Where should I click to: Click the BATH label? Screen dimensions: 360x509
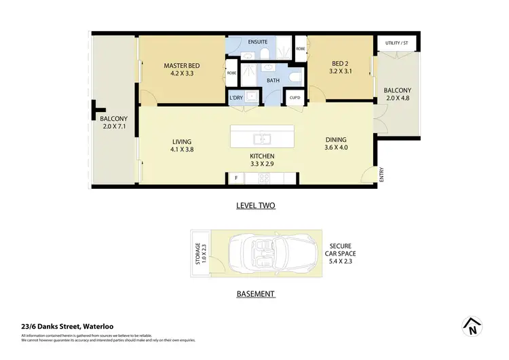click(254, 80)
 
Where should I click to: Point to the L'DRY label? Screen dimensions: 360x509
click(236, 98)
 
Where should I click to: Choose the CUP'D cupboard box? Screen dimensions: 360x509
click(295, 97)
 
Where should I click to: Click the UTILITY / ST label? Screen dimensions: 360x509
click(397, 43)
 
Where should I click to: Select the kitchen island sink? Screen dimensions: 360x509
click(263, 139)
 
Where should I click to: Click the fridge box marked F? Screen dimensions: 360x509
click(235, 179)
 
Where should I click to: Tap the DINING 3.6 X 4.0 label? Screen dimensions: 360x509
click(336, 143)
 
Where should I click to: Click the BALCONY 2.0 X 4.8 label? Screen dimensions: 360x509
click(397, 94)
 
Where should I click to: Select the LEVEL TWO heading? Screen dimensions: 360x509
click(255, 205)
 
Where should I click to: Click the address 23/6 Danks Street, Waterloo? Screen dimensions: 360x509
click(61, 325)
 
